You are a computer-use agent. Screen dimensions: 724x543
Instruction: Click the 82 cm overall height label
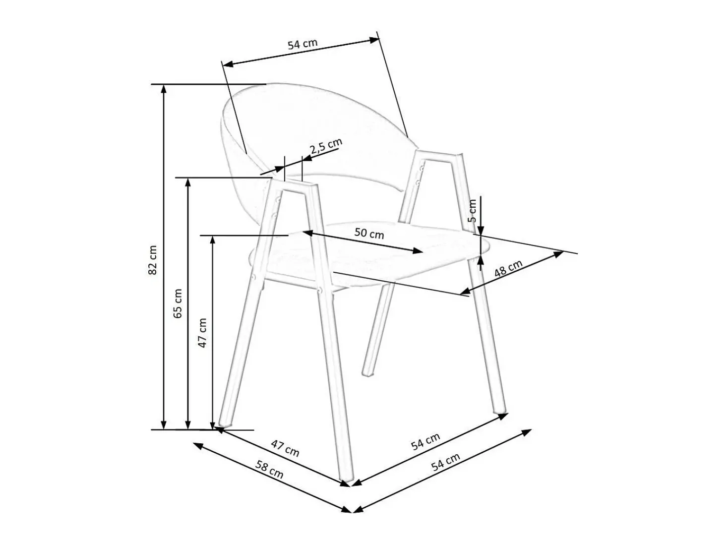pos(152,260)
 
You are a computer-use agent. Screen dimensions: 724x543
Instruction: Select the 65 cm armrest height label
pos(178,303)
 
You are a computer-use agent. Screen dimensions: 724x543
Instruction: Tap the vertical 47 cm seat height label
pos(202,333)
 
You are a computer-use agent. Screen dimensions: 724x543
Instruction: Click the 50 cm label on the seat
pos(369,234)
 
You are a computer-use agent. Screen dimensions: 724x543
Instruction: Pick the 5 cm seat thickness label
pos(472,211)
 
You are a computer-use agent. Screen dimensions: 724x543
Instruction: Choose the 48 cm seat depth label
pos(508,269)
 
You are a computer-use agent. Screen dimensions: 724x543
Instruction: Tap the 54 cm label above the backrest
pos(302,44)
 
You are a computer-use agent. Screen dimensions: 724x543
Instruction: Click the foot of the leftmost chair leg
pos(225,424)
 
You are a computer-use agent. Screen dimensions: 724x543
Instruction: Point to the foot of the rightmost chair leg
pos(501,410)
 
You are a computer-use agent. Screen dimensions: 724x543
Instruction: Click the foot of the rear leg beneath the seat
pos(368,373)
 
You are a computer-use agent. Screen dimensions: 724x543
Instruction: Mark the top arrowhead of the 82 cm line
pos(163,90)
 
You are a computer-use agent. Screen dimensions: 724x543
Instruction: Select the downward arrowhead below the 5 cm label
pos(481,230)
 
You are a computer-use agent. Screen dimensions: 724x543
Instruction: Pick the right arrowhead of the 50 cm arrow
pos(418,251)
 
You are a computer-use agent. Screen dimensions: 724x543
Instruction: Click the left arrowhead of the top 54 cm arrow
pos(228,64)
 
